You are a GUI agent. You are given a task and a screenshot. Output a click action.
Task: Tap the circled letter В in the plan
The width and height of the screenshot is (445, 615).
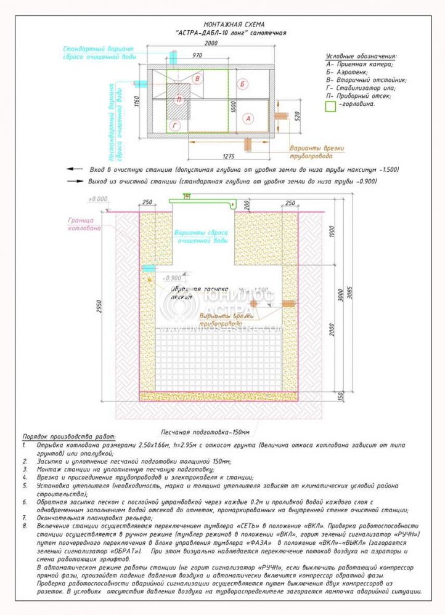click(197, 79)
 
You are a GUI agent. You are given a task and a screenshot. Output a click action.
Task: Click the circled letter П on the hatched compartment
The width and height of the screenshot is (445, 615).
click(179, 100)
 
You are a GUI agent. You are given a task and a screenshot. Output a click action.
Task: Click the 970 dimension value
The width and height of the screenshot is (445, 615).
click(197, 55)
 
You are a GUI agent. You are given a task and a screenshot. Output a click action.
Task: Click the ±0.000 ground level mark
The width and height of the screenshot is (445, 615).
click(98, 199)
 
